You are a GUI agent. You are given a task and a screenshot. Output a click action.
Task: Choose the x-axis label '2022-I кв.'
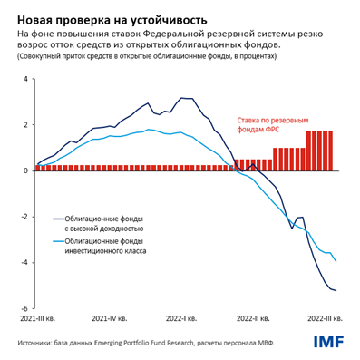tap(185, 320)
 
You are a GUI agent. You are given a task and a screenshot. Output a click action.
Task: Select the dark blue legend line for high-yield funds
tap(43, 219)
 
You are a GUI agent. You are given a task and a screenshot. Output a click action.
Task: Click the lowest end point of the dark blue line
tap(336, 290)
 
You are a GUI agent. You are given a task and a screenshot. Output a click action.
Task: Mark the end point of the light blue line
tap(336, 261)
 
